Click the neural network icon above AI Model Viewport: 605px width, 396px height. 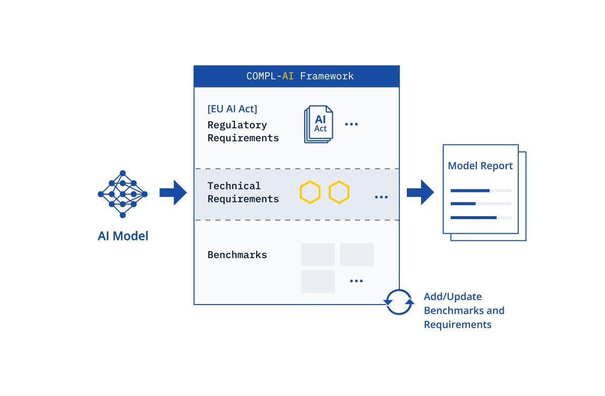click(123, 194)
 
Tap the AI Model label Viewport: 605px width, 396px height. click(123, 236)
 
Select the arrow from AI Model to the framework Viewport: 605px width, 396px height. click(173, 192)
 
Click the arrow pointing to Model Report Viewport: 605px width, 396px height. click(420, 192)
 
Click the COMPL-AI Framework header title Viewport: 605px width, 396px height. click(300, 76)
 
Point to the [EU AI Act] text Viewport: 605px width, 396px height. click(232, 109)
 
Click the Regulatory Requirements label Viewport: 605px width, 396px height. click(243, 131)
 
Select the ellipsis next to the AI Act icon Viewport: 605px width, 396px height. click(351, 124)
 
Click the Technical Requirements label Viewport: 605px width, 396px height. click(243, 192)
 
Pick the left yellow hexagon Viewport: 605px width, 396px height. click(310, 192)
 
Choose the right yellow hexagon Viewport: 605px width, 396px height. click(339, 192)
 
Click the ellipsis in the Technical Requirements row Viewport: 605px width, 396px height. click(381, 197)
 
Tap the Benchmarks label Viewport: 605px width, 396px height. click(237, 255)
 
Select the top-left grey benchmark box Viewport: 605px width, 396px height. click(318, 255)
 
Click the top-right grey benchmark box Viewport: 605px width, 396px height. click(356, 255)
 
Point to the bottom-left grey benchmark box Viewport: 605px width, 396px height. click(318, 281)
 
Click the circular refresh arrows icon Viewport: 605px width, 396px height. click(399, 302)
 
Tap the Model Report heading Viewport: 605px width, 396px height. click(480, 166)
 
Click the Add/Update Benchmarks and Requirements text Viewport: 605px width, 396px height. click(464, 311)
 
